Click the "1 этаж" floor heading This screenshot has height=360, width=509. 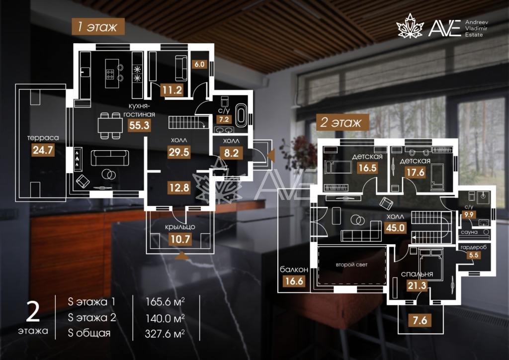98,26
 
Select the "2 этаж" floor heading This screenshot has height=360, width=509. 342,122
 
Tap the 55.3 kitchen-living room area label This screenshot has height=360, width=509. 139,125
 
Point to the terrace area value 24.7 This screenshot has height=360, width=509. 43,150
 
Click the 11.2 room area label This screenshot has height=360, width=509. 172,90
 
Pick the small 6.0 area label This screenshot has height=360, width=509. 199,64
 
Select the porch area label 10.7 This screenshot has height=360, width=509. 180,239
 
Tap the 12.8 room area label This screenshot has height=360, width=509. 179,187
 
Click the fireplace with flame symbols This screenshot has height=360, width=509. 78,159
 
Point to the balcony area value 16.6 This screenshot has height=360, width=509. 294,281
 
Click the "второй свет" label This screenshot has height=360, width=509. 351,265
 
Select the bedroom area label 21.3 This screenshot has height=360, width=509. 417,285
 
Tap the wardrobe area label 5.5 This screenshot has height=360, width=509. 474,255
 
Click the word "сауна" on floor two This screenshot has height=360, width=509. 469,232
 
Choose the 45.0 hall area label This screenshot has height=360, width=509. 395,228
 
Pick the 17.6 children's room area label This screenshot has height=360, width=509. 416,172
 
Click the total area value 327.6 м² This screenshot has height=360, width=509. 165,333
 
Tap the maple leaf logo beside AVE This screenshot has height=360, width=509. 410,26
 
